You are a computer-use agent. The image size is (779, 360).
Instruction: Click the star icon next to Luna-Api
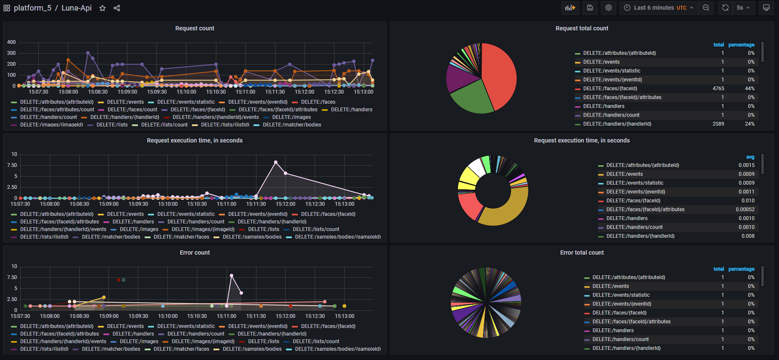tap(102, 8)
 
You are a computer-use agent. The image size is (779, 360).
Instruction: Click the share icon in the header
tap(117, 8)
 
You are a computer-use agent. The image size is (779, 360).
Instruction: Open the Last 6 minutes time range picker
tap(658, 8)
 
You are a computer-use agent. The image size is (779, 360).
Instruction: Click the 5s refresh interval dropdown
tap(743, 8)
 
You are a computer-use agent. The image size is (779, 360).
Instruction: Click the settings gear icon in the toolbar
tap(608, 8)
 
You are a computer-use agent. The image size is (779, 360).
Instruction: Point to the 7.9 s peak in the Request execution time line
tap(276, 162)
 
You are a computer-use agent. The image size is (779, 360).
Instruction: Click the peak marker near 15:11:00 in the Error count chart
tap(232, 276)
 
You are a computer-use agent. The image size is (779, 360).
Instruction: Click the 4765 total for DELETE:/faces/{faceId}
tap(718, 89)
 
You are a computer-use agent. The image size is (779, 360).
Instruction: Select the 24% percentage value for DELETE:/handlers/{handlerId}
tap(749, 124)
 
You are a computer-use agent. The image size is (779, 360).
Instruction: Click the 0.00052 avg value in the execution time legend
tap(745, 210)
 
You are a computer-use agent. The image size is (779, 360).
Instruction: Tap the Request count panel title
tap(194, 28)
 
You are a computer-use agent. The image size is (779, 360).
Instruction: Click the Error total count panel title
tap(582, 253)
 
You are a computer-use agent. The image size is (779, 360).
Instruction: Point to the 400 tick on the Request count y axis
tap(11, 42)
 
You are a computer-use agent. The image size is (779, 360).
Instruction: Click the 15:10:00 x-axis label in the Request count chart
tap(186, 92)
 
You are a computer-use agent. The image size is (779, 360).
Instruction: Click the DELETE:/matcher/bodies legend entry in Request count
tap(291, 125)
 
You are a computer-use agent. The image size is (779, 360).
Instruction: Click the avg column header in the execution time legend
tap(750, 157)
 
